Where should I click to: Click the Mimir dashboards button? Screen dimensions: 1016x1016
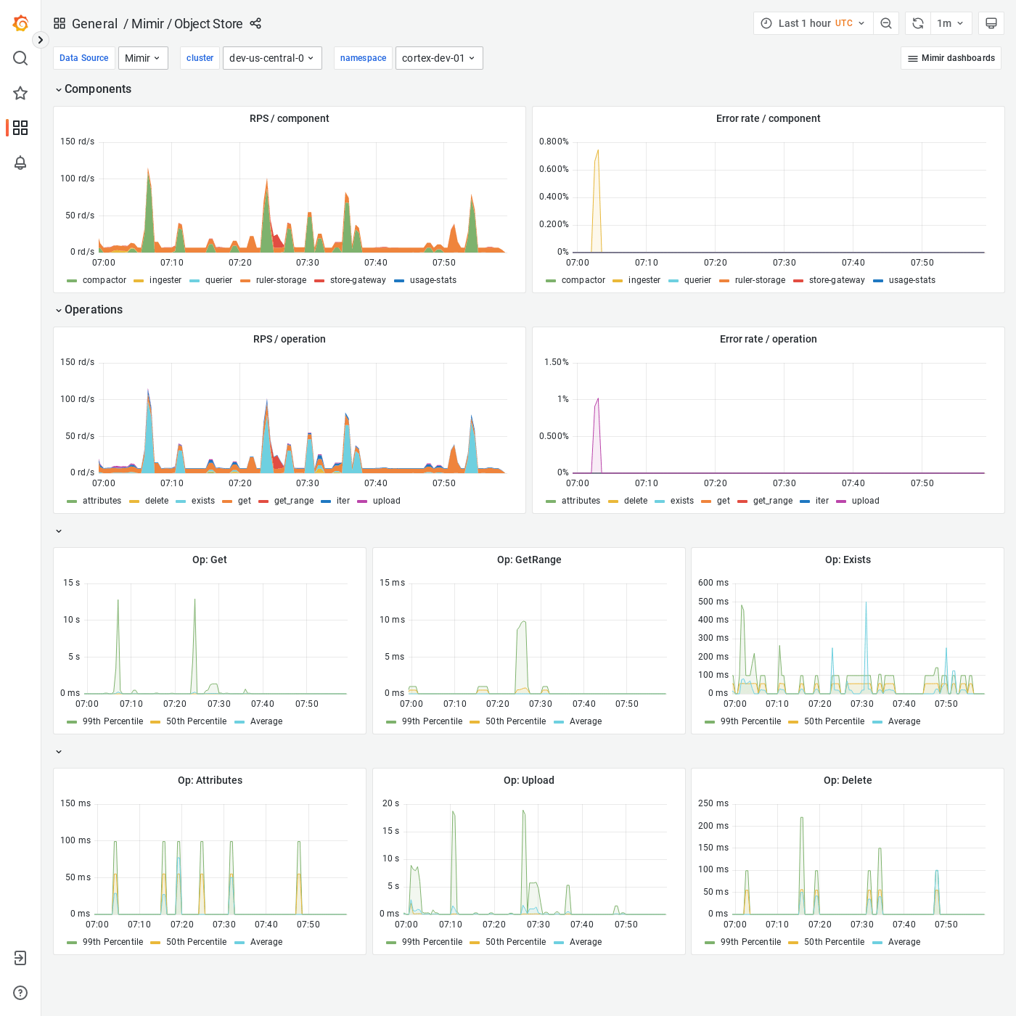[951, 58]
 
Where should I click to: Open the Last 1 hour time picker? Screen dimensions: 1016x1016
[813, 23]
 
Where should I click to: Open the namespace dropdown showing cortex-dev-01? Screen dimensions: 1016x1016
[438, 58]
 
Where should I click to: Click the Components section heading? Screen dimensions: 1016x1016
[98, 89]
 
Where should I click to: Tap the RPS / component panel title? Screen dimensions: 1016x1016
[289, 118]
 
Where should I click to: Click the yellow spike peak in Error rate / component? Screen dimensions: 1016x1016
[598, 151]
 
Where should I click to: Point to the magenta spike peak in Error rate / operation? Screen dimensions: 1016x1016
[598, 398]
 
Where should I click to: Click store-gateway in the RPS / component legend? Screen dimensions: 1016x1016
[358, 280]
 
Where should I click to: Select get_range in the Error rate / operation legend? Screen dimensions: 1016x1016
[773, 501]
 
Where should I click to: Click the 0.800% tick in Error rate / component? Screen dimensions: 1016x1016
[554, 142]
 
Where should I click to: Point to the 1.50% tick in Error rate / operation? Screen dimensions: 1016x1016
[557, 362]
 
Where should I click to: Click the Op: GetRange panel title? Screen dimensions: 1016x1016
[529, 560]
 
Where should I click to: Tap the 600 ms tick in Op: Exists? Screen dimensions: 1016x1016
[713, 583]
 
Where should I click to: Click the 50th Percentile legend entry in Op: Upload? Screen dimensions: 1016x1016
[515, 942]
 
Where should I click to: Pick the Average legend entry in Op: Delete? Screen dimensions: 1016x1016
[904, 942]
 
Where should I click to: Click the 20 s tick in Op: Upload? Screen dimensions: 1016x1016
[390, 803]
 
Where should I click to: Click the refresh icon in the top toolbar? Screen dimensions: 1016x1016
[917, 23]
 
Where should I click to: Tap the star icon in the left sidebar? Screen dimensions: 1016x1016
[20, 93]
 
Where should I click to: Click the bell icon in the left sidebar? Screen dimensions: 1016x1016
[20, 163]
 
